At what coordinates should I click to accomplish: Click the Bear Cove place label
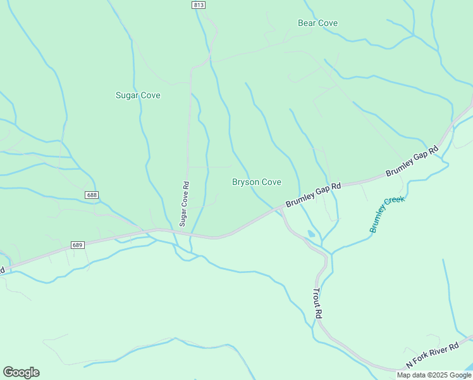click(x=317, y=23)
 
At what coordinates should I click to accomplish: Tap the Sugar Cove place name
click(x=138, y=96)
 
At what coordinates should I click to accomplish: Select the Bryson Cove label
click(x=256, y=182)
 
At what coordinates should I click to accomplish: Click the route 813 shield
click(x=199, y=5)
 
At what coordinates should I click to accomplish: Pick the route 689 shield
click(x=78, y=245)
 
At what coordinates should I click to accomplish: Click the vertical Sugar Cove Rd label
click(x=184, y=204)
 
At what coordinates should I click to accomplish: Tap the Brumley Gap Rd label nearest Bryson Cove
click(x=313, y=195)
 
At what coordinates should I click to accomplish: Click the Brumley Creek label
click(x=387, y=214)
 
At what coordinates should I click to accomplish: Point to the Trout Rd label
click(x=318, y=303)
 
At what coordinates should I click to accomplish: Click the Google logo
click(x=21, y=372)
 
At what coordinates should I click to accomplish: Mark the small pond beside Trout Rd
click(x=311, y=234)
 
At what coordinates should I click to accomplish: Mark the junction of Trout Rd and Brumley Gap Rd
click(x=281, y=208)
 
